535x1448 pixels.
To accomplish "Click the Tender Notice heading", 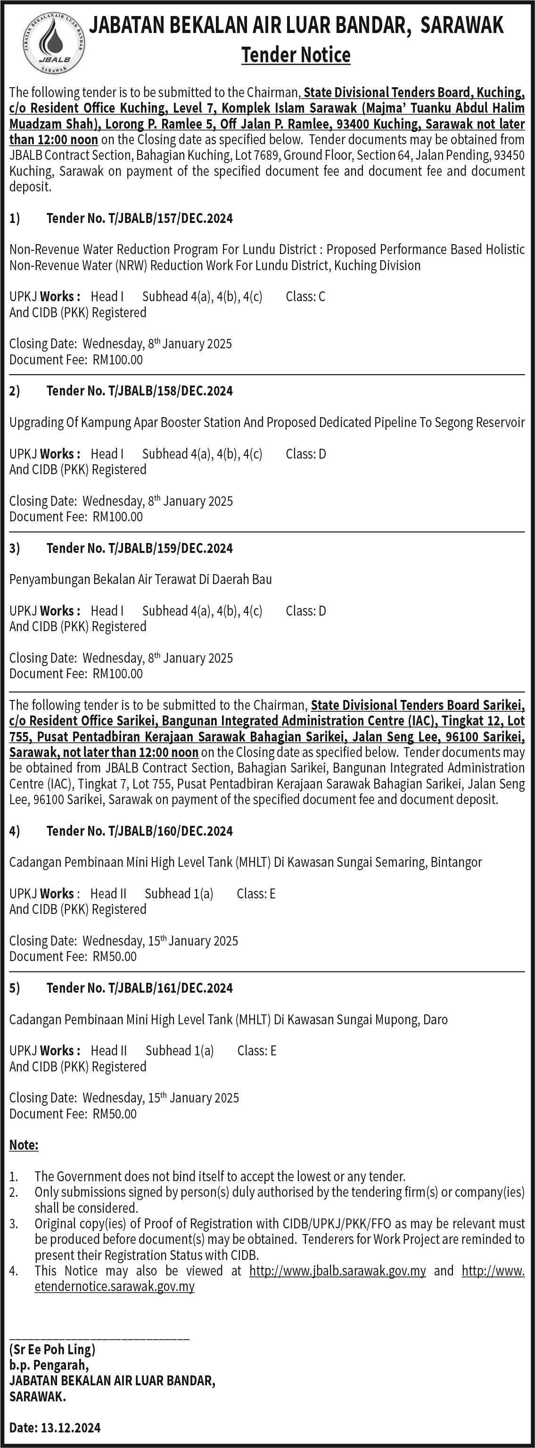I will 296,55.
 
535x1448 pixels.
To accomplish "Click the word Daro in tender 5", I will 435,1020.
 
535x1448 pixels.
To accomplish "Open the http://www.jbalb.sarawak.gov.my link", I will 337,1271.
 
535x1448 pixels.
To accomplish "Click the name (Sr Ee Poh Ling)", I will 52,1349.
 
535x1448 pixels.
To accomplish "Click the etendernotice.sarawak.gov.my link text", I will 114,1287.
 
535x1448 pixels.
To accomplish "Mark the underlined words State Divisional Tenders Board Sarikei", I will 418,706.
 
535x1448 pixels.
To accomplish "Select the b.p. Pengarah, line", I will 49,1366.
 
